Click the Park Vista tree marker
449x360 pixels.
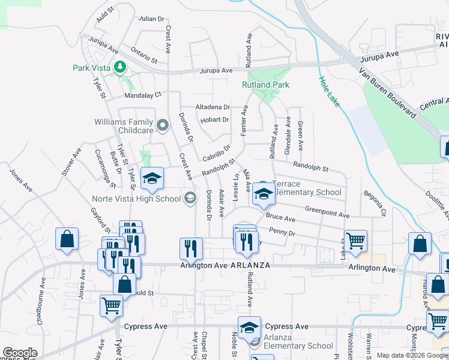pos(121,67)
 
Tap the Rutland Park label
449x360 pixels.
pos(265,85)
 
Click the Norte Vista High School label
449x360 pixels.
pos(136,199)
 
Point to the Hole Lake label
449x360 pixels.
pos(329,92)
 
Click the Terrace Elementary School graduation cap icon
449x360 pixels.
pos(262,193)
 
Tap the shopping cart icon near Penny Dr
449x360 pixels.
pos(355,241)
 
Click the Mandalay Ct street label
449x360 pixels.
pos(143,95)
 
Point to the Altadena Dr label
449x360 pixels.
pos(212,107)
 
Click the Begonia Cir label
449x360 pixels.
pos(375,204)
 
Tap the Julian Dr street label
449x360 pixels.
pos(151,19)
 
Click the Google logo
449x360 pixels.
pos(20,353)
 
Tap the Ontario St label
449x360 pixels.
pos(144,56)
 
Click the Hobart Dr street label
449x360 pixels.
pos(215,119)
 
